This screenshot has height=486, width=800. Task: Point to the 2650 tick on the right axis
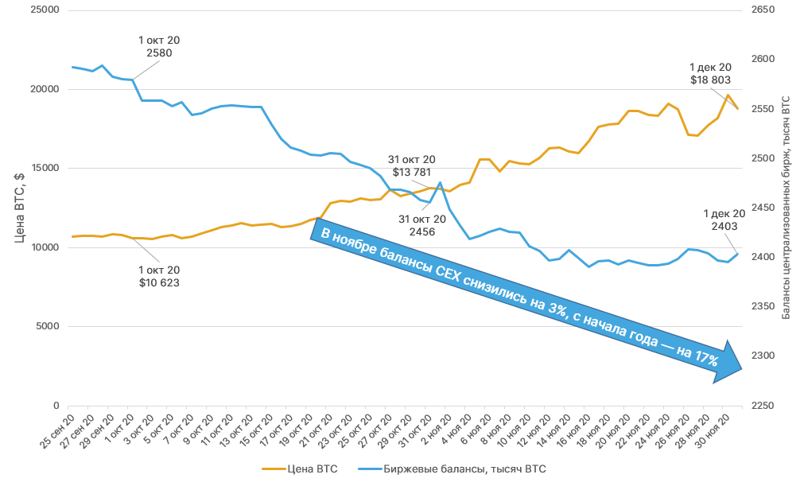[x=763, y=11]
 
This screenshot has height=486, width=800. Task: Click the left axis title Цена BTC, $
[x=19, y=208]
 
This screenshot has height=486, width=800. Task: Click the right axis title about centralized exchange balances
[x=786, y=208]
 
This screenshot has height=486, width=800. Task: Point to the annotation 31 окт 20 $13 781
[x=411, y=166]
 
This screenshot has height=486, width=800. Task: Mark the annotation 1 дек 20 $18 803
[x=710, y=74]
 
